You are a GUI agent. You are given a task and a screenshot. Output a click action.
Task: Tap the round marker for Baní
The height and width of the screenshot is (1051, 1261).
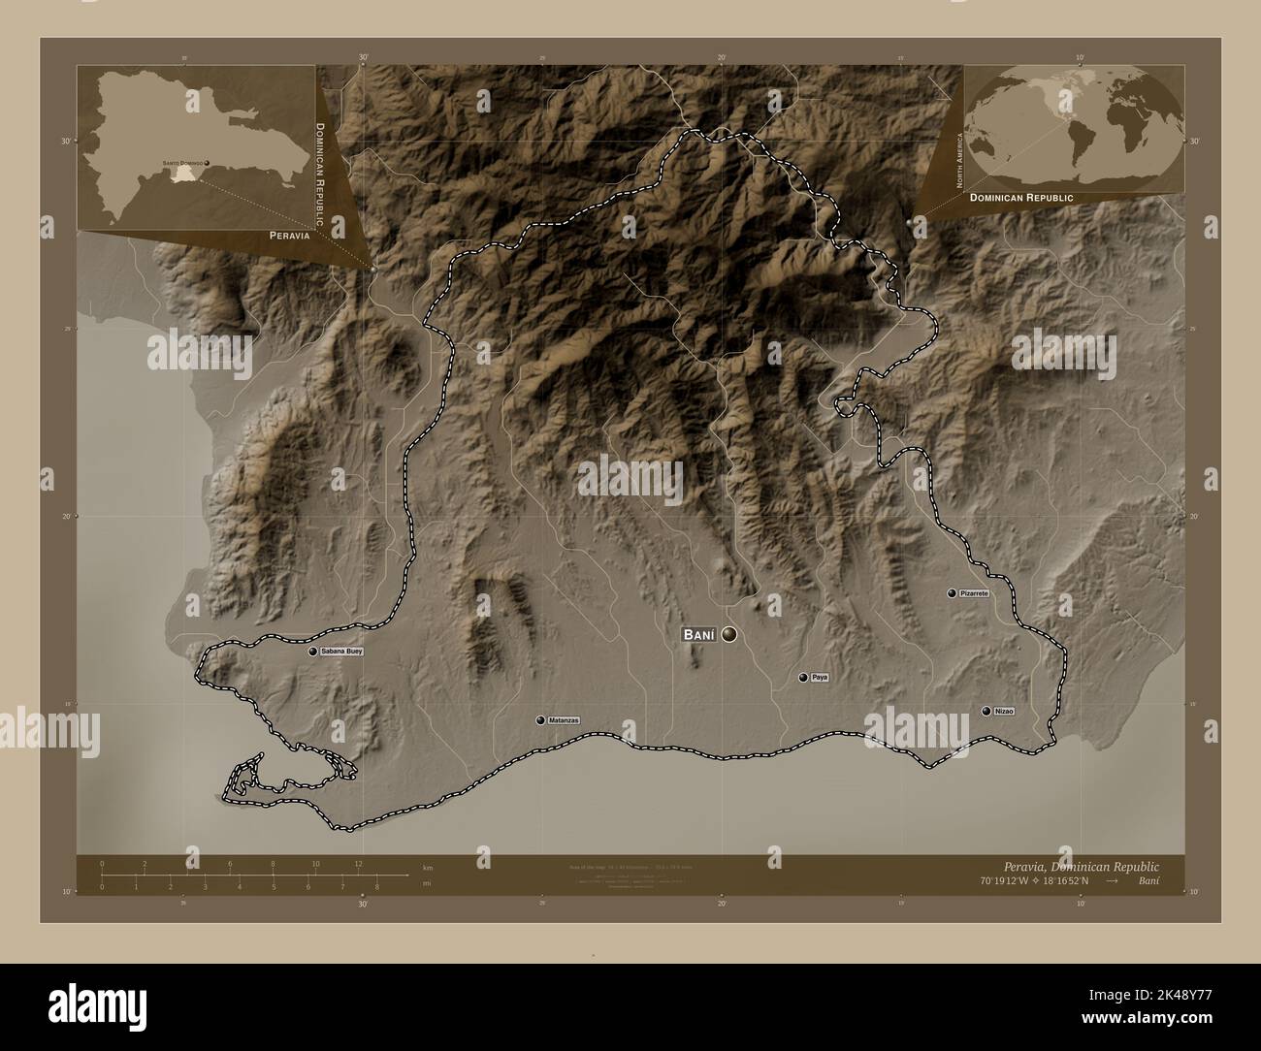click(729, 635)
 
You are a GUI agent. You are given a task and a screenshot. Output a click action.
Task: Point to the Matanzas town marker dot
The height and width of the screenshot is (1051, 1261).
click(539, 720)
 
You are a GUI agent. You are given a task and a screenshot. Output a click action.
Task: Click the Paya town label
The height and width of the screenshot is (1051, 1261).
click(820, 678)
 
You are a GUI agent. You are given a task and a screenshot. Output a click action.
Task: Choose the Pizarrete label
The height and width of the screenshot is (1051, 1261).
click(974, 592)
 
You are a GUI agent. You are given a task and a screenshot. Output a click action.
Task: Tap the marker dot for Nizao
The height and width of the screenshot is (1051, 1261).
click(986, 712)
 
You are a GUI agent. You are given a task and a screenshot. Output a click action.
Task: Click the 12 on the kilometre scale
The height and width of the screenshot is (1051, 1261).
click(358, 864)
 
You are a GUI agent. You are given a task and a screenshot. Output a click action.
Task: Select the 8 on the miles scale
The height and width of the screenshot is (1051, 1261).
click(375, 886)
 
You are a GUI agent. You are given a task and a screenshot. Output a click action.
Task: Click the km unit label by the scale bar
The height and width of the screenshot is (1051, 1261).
click(428, 866)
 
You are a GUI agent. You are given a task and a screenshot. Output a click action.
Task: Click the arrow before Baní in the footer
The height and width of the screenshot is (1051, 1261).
click(1111, 882)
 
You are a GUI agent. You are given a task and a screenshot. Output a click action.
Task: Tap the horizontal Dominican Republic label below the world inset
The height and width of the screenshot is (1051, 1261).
click(1020, 197)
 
